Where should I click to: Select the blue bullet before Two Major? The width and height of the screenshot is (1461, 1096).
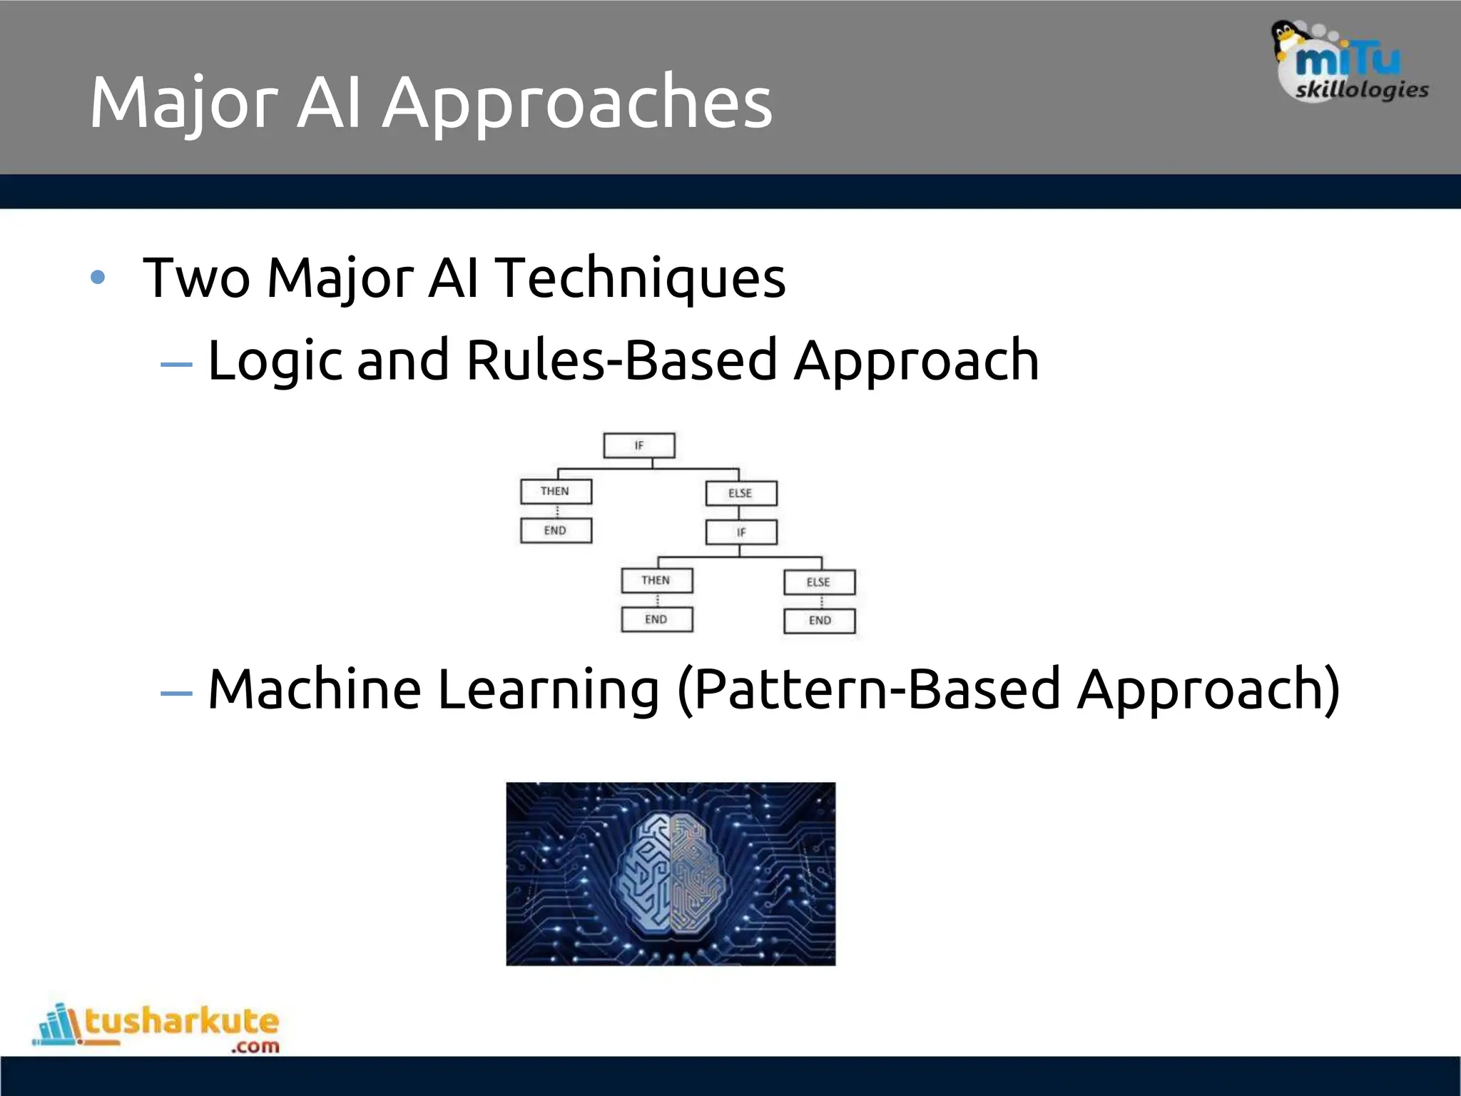98,278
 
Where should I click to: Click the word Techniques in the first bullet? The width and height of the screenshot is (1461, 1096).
640,278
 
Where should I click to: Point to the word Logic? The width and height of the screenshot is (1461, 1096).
275,361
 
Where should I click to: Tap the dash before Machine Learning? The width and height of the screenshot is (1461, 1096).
176,693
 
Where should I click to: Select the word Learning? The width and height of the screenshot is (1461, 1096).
548,690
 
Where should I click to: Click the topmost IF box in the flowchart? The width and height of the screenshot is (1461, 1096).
639,445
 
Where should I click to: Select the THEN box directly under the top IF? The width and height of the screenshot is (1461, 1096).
556,492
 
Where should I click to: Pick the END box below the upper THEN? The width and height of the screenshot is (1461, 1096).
556,531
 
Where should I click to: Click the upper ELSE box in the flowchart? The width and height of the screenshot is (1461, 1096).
740,493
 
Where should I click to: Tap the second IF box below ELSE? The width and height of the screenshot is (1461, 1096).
740,532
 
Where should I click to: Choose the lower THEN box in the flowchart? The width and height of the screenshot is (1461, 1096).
656,581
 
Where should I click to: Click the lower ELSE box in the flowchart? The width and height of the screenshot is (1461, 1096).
819,582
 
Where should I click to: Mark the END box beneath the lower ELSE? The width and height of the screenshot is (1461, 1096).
819,621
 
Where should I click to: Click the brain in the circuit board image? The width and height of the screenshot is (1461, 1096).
671,874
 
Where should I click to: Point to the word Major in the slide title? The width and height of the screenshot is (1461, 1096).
183,103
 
